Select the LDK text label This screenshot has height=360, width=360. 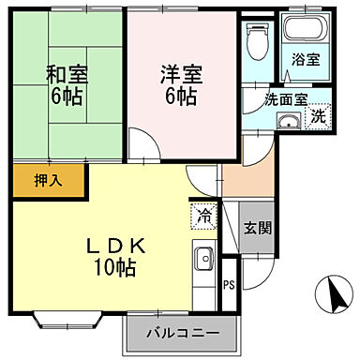pyautogui.click(x=113, y=245)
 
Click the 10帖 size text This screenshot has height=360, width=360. pyautogui.click(x=114, y=268)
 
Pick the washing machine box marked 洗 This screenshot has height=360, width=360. pyautogui.click(x=318, y=116)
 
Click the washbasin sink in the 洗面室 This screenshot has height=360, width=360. pyautogui.click(x=288, y=119)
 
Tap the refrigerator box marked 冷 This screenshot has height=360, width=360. pyautogui.click(x=203, y=216)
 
